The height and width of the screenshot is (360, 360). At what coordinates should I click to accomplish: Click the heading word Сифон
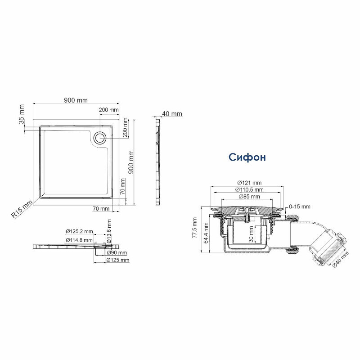[247, 157]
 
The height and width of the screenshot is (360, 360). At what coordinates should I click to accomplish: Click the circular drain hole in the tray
[100, 138]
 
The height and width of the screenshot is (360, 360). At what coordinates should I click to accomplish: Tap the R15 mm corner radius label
[22, 209]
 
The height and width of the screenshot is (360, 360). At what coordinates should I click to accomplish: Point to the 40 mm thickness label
[172, 114]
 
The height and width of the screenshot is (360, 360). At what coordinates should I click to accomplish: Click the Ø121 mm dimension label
[249, 183]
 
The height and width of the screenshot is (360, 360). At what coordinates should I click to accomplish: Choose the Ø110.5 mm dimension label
[249, 189]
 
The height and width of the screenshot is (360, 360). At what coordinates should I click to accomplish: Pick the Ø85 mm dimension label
[249, 197]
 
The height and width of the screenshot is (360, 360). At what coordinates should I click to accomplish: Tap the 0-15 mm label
[299, 207]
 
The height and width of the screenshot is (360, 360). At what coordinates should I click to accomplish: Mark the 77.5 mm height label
[195, 228]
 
